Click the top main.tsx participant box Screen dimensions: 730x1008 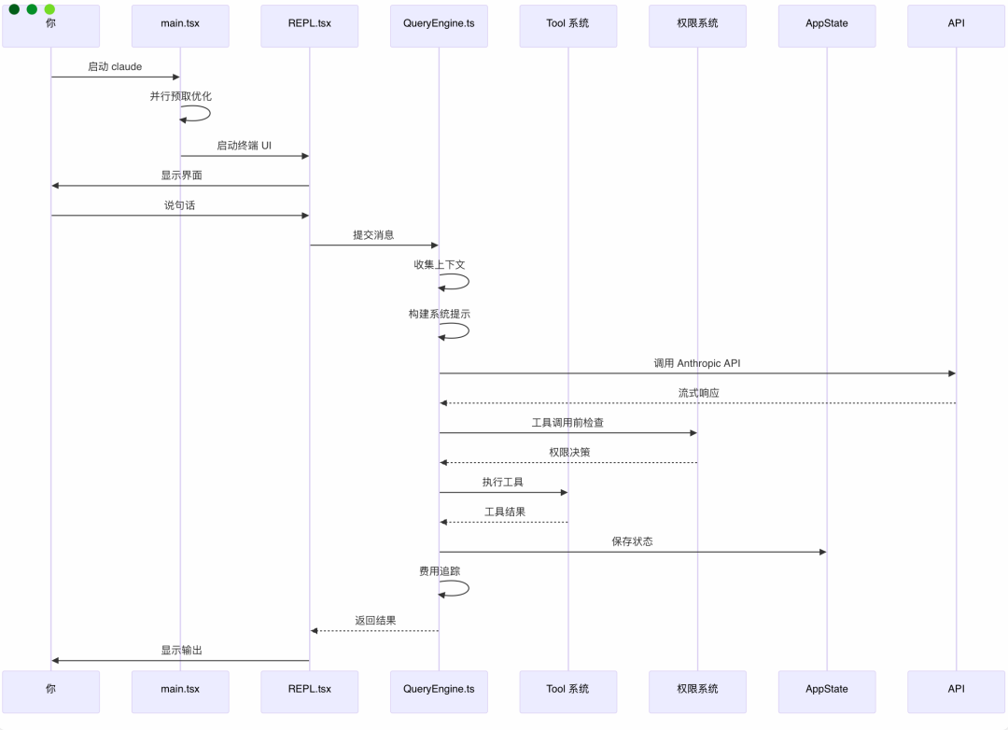point(180,23)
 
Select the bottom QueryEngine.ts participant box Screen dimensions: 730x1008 point(439,689)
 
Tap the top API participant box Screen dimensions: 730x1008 point(956,23)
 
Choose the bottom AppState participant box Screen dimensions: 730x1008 point(827,689)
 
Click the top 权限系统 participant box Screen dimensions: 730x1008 point(697,23)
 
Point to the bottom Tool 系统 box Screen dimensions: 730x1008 point(567,689)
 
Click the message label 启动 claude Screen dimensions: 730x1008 point(115,67)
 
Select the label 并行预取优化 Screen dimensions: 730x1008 point(180,96)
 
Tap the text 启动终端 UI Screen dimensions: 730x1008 point(244,146)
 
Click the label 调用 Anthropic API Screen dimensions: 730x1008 point(697,363)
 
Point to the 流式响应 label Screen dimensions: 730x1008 point(698,393)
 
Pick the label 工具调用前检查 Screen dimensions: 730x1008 point(567,423)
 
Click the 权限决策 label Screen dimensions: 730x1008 point(568,453)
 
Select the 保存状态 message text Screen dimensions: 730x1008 point(632,541)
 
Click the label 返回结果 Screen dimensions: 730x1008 point(374,620)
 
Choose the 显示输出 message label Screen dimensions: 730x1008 point(180,650)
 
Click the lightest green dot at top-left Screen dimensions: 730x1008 point(49,9)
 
